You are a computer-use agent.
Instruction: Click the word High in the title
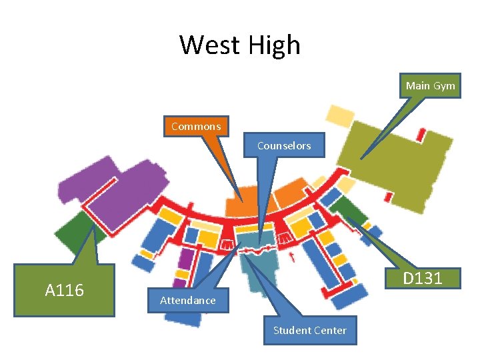pyautogui.click(x=274, y=45)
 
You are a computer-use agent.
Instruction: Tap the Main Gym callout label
pyautogui.click(x=430, y=85)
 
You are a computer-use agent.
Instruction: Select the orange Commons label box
pyautogui.click(x=195, y=126)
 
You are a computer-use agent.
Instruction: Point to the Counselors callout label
pyautogui.click(x=283, y=145)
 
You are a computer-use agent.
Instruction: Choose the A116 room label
pyautogui.click(x=64, y=290)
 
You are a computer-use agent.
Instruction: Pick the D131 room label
pyautogui.click(x=423, y=278)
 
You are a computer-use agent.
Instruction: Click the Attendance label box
pyautogui.click(x=187, y=301)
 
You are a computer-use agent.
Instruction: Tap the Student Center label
pyautogui.click(x=309, y=330)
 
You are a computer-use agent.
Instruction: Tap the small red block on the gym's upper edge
pyautogui.click(x=421, y=134)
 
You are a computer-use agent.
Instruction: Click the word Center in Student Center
pyautogui.click(x=331, y=330)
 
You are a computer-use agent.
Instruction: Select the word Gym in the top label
pyautogui.click(x=444, y=85)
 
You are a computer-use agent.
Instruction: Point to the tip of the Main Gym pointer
pyautogui.click(x=361, y=159)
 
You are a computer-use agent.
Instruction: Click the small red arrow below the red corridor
pyautogui.click(x=291, y=255)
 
